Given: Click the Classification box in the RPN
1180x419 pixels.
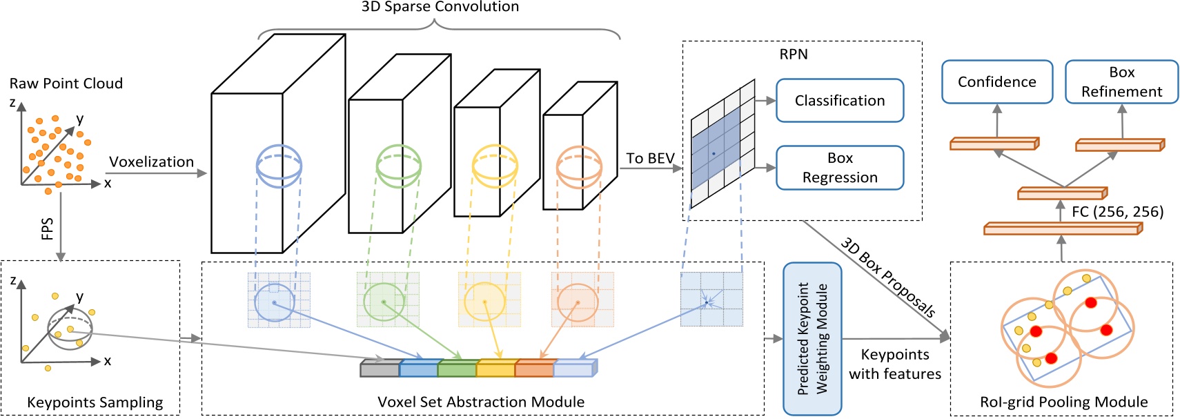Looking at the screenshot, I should point(839,101).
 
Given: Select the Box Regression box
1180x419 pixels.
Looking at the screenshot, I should point(839,168).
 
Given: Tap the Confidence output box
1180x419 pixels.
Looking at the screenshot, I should point(996,82).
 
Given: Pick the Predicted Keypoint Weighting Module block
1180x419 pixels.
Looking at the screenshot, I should point(812,338).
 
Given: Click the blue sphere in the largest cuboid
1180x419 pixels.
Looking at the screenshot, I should point(279,166).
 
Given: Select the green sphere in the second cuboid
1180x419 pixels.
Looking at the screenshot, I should point(398,166).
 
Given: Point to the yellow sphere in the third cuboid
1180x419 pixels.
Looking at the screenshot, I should point(494,166).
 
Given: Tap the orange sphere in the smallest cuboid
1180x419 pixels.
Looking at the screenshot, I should point(579,168).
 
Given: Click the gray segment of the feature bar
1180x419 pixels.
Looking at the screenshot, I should point(380,369).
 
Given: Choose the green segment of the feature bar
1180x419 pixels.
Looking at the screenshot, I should point(457,369).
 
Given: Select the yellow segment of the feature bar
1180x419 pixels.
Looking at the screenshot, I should point(495,369).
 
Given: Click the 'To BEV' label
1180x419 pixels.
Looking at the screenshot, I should point(650,159).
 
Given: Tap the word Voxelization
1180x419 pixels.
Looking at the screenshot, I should point(151,162).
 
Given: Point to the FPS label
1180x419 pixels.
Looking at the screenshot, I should point(47,228).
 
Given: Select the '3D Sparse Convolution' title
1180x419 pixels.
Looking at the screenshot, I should point(440,7).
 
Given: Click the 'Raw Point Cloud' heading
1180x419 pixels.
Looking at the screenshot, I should point(66,84).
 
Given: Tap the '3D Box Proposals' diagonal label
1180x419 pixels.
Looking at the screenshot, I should point(888,277).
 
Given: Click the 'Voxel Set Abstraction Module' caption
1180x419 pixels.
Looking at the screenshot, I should point(480,402).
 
